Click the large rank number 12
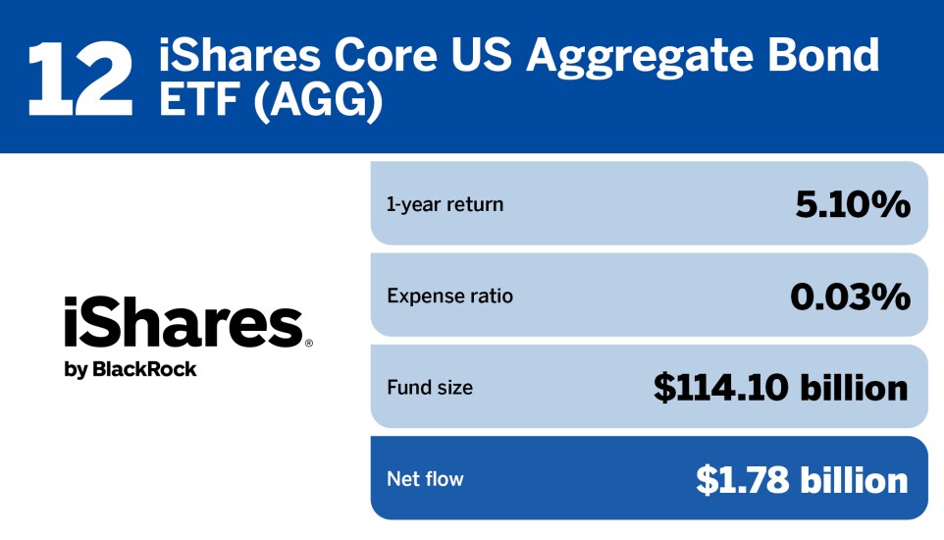pyautogui.click(x=80, y=79)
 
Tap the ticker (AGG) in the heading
pyautogui.click(x=318, y=100)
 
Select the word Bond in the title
pyautogui.click(x=823, y=54)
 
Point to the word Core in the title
pyautogui.click(x=386, y=55)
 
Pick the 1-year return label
pyautogui.click(x=445, y=204)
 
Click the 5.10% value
pyautogui.click(x=853, y=203)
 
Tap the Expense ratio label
pyautogui.click(x=449, y=296)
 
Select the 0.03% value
pyautogui.click(x=850, y=296)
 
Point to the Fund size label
pyautogui.click(x=430, y=388)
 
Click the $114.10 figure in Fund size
pyautogui.click(x=720, y=388)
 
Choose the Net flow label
pyautogui.click(x=425, y=479)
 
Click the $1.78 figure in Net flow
pyautogui.click(x=742, y=480)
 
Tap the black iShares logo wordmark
pyautogui.click(x=184, y=322)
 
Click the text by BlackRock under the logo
pyautogui.click(x=131, y=369)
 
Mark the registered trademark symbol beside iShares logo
pyautogui.click(x=309, y=343)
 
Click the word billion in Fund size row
pyautogui.click(x=854, y=387)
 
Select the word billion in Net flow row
pyautogui.click(x=854, y=479)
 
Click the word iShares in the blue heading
pyautogui.click(x=239, y=55)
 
